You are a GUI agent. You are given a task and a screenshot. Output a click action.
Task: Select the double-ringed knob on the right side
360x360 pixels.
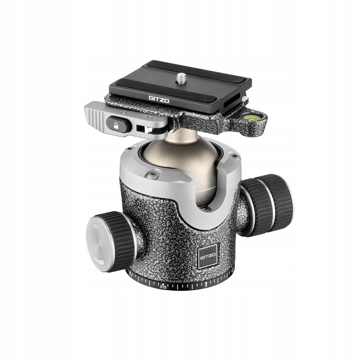pyautogui.click(x=268, y=204)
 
